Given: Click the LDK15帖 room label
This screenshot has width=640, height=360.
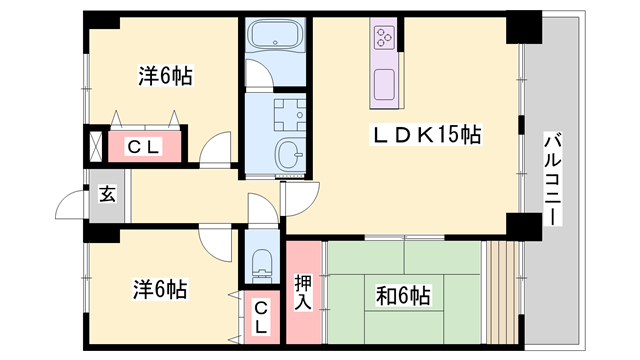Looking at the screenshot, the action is [426, 134].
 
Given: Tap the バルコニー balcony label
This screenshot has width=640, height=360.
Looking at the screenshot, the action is [552, 178].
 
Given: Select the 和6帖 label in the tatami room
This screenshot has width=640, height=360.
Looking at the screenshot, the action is [403, 296].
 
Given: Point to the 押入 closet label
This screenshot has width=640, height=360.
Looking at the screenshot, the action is [303, 292].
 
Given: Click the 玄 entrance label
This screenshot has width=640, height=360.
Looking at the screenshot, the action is [107, 194].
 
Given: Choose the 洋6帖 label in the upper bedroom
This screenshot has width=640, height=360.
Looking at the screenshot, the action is [165, 76].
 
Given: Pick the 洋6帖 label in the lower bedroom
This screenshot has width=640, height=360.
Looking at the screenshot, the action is [160, 289].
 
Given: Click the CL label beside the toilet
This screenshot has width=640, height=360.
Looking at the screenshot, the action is [261, 317].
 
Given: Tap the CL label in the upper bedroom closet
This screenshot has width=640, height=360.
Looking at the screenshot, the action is [143, 147].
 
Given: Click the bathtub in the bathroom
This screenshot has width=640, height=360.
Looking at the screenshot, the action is [276, 35].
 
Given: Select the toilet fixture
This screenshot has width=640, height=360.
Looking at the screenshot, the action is [262, 264].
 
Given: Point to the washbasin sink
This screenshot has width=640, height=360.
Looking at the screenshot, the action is [290, 154].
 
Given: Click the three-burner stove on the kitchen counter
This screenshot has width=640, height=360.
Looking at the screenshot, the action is [384, 38].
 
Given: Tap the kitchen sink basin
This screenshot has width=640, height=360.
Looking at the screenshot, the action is [384, 84].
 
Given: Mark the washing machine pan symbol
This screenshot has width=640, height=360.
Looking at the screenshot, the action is [290, 115].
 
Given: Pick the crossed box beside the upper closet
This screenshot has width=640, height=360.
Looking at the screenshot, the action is [96, 146].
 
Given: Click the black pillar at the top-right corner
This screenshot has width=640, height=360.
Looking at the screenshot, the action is [524, 27].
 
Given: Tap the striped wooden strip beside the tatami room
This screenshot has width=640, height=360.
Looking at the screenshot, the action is [502, 292].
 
